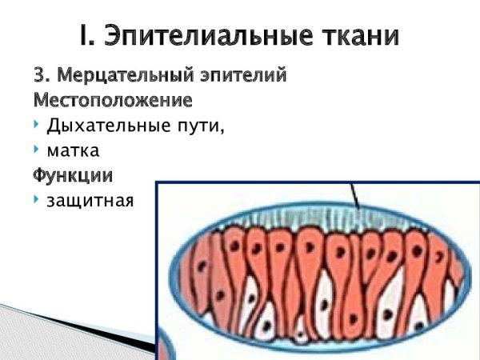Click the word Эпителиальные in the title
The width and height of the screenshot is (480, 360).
(x=210, y=36)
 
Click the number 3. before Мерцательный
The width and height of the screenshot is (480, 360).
(x=42, y=77)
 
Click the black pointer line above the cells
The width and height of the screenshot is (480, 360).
(x=354, y=196)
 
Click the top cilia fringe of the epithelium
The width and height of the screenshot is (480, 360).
(x=320, y=216)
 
